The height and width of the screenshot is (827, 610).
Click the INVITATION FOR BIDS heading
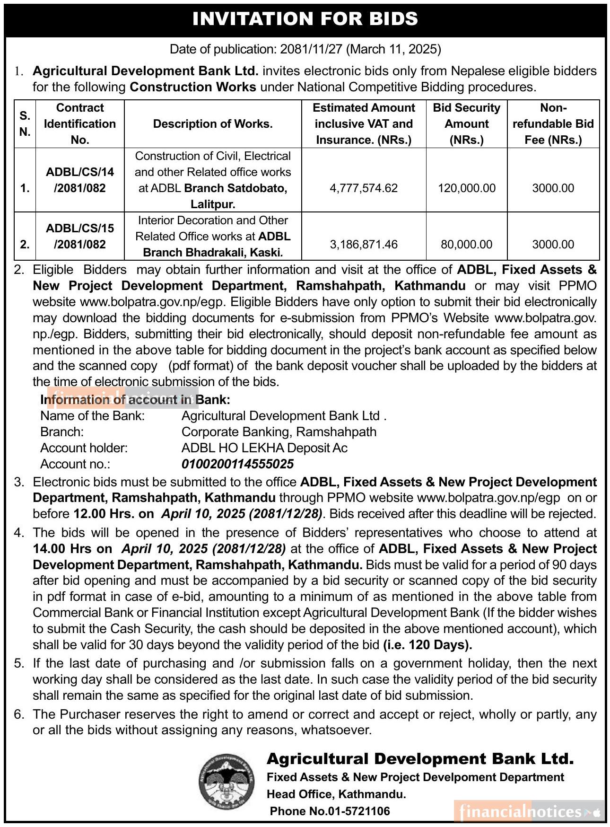click(305, 19)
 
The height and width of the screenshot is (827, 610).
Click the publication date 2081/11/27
click(312, 49)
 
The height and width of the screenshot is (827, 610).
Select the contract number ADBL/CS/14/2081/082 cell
click(80, 180)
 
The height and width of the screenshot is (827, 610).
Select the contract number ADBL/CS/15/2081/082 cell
click(80, 236)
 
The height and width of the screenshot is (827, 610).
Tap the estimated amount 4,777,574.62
click(364, 188)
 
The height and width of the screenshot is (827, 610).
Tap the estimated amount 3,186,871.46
click(364, 245)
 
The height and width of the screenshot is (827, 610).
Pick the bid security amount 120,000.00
click(466, 188)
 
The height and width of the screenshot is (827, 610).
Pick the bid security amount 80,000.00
click(466, 245)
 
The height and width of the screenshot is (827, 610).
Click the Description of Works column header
click(213, 124)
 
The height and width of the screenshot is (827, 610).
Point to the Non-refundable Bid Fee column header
click(553, 124)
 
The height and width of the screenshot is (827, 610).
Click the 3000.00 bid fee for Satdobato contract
click(553, 188)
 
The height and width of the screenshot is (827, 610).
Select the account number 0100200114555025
click(237, 464)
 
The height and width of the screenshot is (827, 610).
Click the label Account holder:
click(84, 448)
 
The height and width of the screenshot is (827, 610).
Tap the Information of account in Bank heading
click(135, 400)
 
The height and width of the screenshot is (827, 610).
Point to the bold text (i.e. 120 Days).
click(427, 645)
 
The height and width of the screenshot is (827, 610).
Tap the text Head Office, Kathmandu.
click(336, 794)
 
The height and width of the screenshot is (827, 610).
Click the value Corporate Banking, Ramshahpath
click(279, 432)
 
